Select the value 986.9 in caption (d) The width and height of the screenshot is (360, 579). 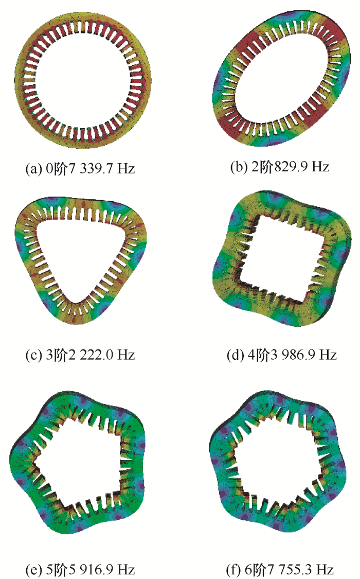298,355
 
